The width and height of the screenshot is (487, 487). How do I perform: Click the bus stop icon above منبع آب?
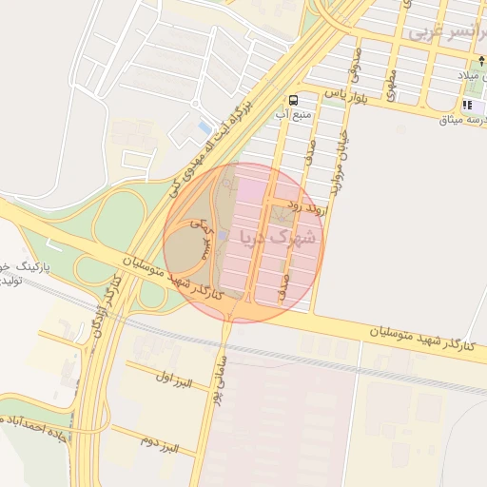pos(293,99)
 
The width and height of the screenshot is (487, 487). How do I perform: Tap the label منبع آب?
pos(293,114)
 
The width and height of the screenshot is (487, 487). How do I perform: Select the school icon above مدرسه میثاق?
pos(467,105)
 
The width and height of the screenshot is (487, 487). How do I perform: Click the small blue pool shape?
pos(204,127)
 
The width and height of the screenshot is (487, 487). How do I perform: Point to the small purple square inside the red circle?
pos(223,235)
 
